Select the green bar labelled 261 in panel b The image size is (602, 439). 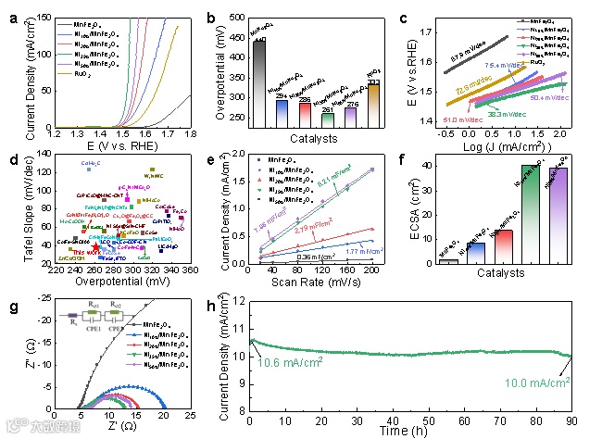click(x=327, y=119)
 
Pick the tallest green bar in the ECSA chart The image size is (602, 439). click(x=530, y=214)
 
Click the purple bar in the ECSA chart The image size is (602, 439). click(x=558, y=216)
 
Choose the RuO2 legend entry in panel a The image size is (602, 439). click(x=72, y=70)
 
